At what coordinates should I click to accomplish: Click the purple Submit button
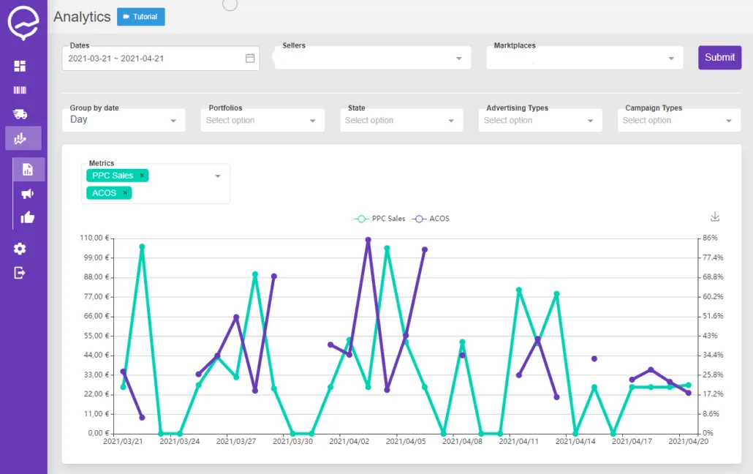719,58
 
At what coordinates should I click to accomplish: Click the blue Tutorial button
140,17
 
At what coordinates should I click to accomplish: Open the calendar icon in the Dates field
250,59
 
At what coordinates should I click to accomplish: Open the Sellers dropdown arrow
458,59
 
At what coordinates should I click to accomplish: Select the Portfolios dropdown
262,120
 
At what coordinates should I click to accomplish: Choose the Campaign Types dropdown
679,120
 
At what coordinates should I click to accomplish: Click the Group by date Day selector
124,120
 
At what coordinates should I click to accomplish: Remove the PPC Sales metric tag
142,176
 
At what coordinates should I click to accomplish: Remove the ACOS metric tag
125,193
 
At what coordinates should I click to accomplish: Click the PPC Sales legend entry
380,219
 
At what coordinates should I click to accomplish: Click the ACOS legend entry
431,219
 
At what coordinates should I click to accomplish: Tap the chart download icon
715,217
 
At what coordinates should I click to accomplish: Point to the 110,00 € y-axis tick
94,238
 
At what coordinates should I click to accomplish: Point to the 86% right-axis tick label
710,238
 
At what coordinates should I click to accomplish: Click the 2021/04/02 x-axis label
349,441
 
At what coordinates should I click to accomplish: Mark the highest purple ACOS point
368,240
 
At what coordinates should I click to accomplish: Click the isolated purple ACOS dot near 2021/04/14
594,358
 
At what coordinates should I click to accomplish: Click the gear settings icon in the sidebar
20,249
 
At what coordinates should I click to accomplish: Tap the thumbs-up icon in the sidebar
28,218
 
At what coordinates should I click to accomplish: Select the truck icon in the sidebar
20,114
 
